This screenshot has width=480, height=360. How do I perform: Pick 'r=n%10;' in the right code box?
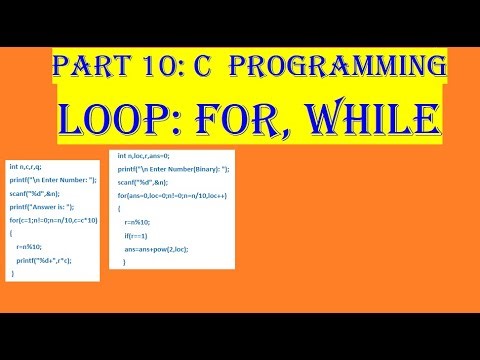point(138,221)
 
